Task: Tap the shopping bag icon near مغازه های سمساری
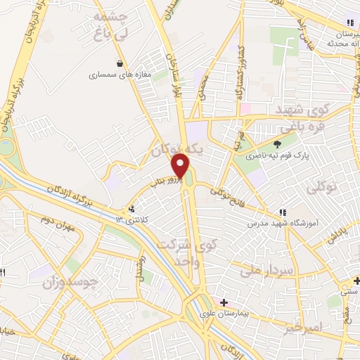[120, 62]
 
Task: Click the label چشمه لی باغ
[112, 25]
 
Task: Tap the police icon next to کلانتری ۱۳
[131, 209]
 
